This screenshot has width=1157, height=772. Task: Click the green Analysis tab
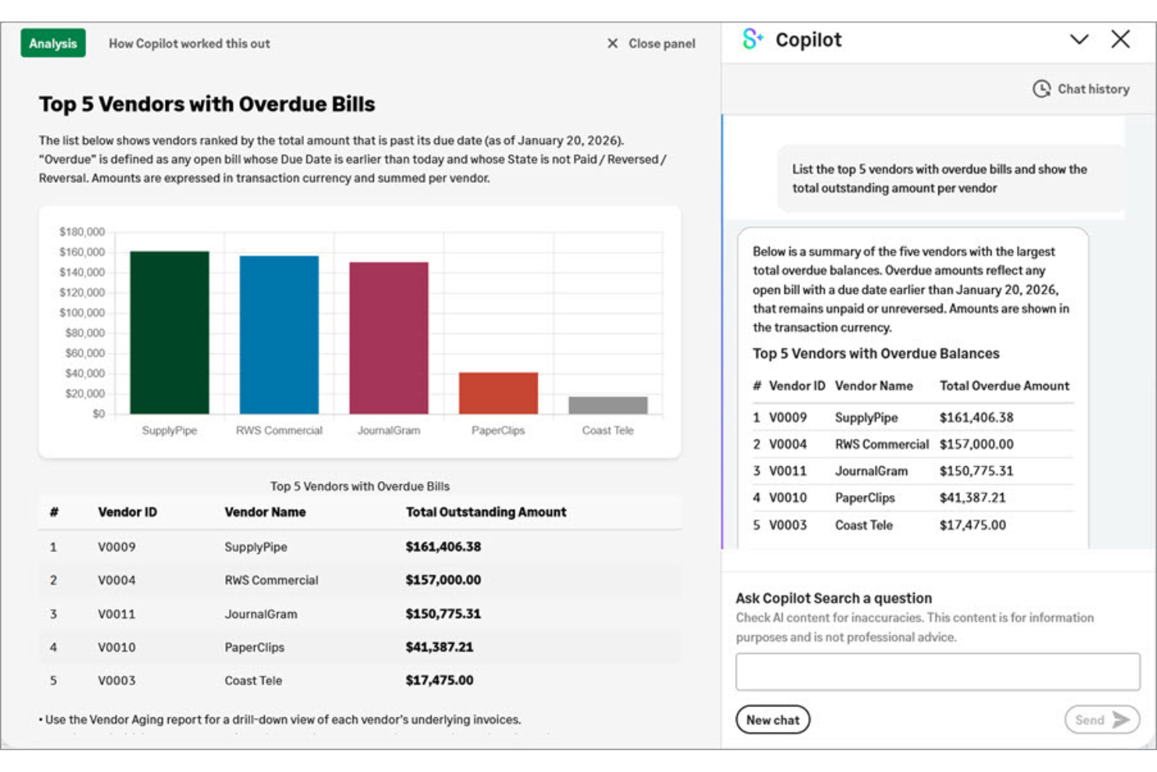53,44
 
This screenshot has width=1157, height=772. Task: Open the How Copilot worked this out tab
189,44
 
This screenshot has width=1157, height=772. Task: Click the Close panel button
651,44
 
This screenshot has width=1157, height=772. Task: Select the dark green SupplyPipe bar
170,332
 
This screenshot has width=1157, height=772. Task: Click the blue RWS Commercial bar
279,335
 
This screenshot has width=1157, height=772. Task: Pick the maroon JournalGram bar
389,338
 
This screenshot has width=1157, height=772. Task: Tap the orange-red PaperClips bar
498,393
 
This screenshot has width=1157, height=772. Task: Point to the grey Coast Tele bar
607,405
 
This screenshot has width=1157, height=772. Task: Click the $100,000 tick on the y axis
82,313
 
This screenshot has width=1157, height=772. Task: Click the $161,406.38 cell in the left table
443,547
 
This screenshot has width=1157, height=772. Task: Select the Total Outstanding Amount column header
485,512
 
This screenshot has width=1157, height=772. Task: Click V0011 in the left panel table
116,614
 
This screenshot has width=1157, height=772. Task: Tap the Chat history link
1082,89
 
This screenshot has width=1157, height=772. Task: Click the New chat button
772,720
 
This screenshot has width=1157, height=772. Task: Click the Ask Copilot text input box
937,672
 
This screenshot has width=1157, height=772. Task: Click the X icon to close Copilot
1120,39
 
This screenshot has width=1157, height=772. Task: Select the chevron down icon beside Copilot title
1079,39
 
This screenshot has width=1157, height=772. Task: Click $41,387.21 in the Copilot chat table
973,497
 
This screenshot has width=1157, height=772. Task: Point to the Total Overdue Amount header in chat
1004,386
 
